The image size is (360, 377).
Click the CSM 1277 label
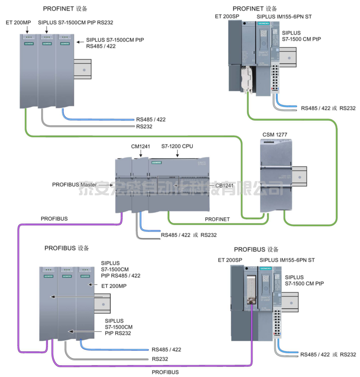[275, 135]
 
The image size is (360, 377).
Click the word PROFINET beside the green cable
[217, 219]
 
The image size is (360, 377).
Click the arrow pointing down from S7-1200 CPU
[177, 155]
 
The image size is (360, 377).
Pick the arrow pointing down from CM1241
[140, 155]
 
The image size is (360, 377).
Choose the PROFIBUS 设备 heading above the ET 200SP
[256, 249]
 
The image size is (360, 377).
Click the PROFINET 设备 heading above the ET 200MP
[65, 9]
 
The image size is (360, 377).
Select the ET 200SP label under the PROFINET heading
[226, 17]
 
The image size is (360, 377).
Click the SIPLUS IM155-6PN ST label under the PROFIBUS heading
[287, 260]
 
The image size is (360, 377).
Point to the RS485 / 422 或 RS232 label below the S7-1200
[189, 235]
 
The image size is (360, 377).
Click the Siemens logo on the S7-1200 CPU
[156, 162]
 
